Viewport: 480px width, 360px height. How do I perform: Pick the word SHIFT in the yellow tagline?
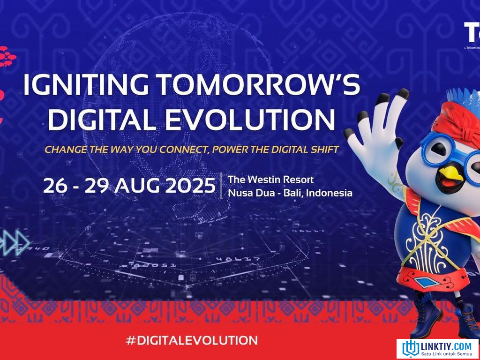point(323,150)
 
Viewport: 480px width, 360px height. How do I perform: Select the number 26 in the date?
point(54,186)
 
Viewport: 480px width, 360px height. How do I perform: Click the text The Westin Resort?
point(270,180)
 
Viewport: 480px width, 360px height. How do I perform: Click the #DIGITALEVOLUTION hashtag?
point(192,340)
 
